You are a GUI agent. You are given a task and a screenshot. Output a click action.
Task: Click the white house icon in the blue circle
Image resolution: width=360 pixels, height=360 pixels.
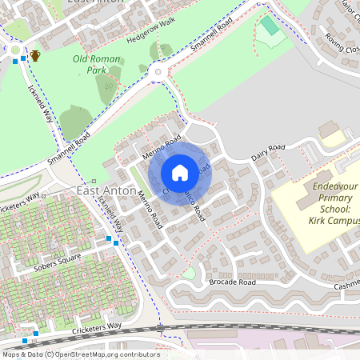(180, 173)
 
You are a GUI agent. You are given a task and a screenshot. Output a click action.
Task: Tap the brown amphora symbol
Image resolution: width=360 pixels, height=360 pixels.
(35, 56)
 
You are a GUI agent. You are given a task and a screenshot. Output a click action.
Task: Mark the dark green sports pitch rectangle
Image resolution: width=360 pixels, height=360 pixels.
(270, 26)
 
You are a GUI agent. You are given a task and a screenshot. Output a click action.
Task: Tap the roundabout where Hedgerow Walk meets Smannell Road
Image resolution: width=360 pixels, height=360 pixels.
(158, 74)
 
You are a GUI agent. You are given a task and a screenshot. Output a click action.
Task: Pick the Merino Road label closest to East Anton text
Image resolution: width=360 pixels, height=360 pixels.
(149, 210)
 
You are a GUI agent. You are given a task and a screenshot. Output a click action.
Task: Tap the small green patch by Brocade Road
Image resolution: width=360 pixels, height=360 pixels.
(187, 274)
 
